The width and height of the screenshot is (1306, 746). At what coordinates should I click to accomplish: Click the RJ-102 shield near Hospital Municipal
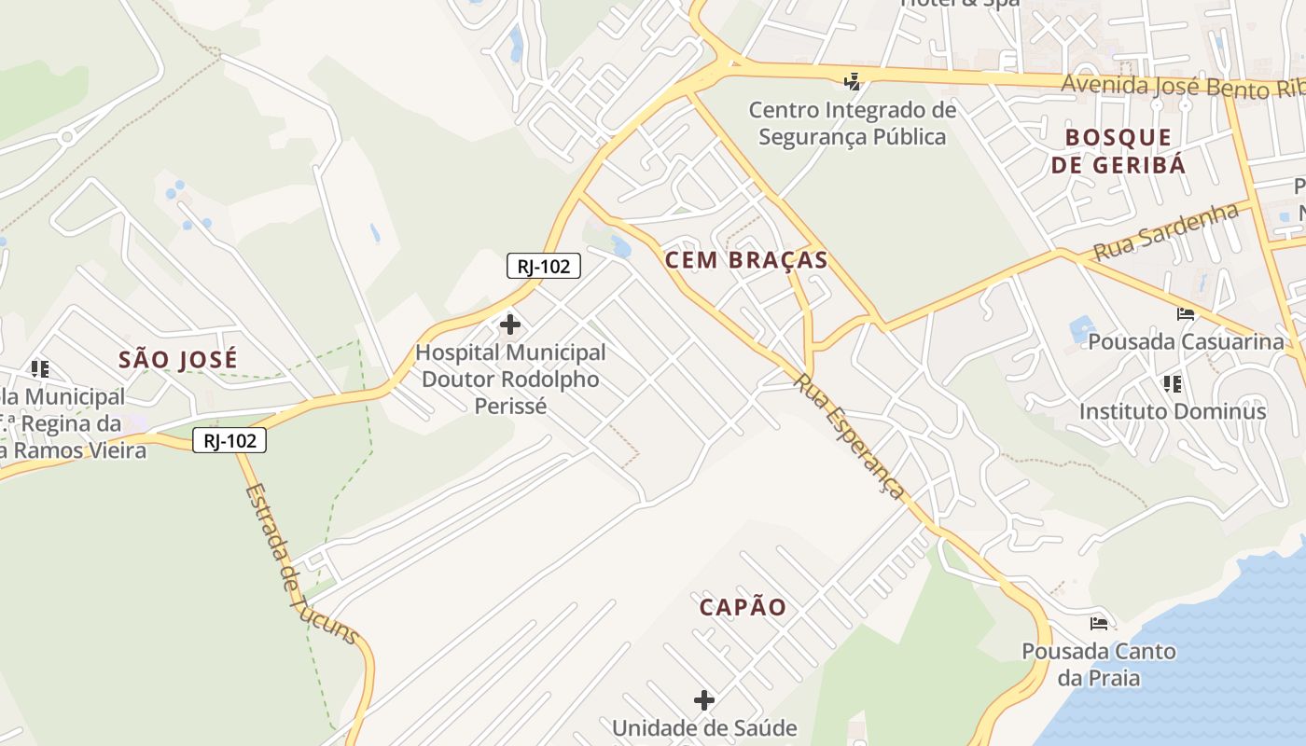[544, 266]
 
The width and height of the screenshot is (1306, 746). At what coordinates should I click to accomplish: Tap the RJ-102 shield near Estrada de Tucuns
[229, 440]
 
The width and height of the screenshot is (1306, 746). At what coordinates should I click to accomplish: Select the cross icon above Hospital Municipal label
[510, 325]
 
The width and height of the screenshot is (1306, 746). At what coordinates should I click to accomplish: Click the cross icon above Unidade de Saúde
[704, 699]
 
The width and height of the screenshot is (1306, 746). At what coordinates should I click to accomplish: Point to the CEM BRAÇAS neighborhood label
[746, 260]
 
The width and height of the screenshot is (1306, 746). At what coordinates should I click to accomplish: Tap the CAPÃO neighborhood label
[743, 607]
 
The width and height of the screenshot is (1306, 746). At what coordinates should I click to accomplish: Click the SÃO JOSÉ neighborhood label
[178, 359]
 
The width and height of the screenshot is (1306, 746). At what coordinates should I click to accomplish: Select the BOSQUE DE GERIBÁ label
[1118, 151]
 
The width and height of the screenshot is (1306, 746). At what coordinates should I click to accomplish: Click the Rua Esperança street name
[850, 436]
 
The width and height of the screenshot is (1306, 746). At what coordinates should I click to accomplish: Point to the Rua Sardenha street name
[1165, 232]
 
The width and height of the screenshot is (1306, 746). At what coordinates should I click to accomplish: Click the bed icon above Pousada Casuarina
[1186, 314]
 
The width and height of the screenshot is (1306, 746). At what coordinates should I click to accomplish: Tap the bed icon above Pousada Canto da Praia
[1099, 623]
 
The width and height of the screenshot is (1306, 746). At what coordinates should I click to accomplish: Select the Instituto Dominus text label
[1173, 411]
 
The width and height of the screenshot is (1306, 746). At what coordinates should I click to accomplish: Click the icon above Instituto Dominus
[1173, 383]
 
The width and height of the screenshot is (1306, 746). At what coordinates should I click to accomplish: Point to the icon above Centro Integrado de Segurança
[852, 82]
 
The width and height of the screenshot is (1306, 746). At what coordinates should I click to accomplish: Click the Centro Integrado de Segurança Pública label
[853, 124]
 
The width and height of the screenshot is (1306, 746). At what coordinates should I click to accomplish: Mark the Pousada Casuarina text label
[1186, 341]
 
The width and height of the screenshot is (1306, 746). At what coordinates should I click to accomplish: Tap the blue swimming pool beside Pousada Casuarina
[1082, 329]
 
